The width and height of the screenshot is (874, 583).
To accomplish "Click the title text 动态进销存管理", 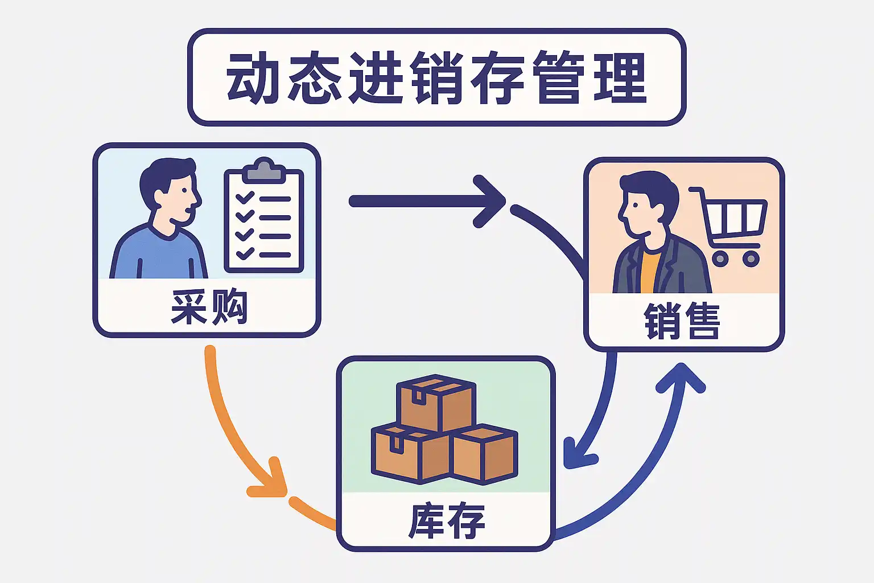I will click(436, 77).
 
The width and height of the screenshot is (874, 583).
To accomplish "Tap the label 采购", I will click(209, 307).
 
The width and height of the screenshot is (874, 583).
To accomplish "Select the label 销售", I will click(682, 321).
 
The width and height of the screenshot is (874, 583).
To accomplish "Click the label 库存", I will click(447, 520).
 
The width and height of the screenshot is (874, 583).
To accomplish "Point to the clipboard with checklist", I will click(264, 219).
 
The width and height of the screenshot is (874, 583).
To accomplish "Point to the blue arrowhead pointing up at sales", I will click(681, 378).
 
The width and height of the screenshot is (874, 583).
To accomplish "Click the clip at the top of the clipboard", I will click(264, 169).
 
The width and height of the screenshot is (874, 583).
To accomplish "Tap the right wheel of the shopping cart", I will click(751, 259).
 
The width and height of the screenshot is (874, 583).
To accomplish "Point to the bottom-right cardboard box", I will click(485, 453).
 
